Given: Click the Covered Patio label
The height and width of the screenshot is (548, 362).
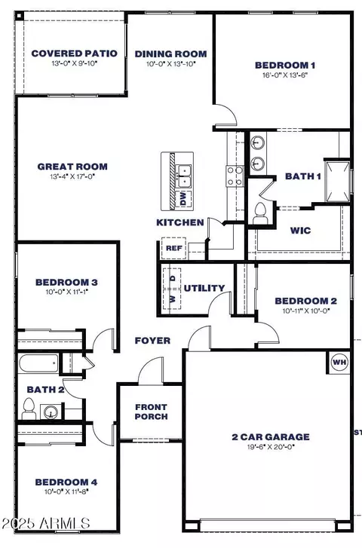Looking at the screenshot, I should [x=74, y=53].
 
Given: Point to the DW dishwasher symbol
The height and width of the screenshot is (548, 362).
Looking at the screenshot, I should [x=182, y=198].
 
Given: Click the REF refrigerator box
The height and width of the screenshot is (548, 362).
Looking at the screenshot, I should [x=172, y=247].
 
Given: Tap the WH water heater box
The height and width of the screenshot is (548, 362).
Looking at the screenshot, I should [x=338, y=362].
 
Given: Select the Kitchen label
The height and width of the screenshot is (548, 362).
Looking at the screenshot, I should [x=179, y=222].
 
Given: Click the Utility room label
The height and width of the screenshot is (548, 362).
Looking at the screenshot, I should [x=204, y=288].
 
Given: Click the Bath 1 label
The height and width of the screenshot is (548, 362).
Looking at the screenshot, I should [x=302, y=176].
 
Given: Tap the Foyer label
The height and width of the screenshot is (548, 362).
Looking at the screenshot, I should [x=153, y=341].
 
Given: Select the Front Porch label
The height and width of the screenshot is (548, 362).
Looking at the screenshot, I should [x=150, y=412].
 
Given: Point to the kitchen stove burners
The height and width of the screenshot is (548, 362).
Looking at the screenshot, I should [x=235, y=176].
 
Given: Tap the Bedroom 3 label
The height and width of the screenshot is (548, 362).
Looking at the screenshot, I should [x=66, y=283].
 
